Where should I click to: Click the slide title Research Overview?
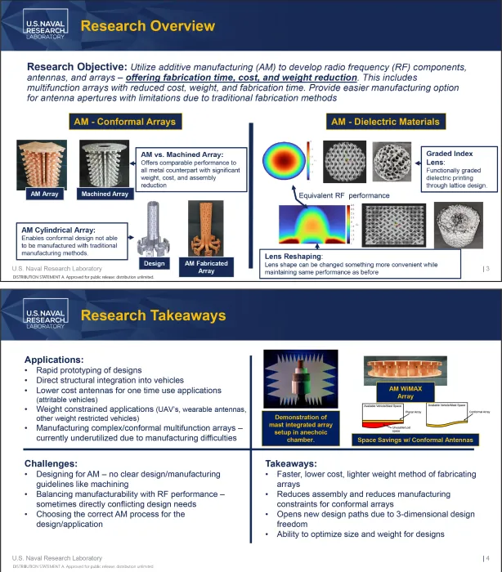click(x=148, y=26)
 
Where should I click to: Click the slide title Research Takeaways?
click(x=153, y=315)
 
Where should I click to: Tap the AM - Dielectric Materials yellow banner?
click(x=385, y=122)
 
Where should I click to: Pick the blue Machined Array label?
click(x=104, y=194)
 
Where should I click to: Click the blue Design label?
click(x=154, y=263)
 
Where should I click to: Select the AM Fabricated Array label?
click(x=206, y=267)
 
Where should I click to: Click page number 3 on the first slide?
click(x=487, y=269)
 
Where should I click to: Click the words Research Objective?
click(x=77, y=66)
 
